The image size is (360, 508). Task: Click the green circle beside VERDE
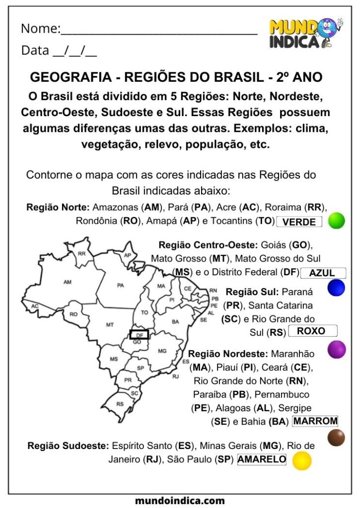[337, 221]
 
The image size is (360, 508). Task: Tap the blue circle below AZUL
[336, 288]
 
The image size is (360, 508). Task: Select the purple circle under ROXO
[337, 349]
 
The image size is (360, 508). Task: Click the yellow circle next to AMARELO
[301, 461]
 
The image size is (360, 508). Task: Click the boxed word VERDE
[299, 222]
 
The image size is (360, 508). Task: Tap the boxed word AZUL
[322, 273]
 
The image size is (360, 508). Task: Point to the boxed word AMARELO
[262, 459]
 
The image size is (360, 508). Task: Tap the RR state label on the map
[82, 254]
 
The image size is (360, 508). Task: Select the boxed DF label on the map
[139, 335]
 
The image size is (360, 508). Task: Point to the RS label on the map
[120, 404]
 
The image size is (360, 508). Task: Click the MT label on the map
[110, 324]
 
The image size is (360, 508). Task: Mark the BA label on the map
[175, 322]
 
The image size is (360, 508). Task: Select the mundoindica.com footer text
[180, 501]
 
